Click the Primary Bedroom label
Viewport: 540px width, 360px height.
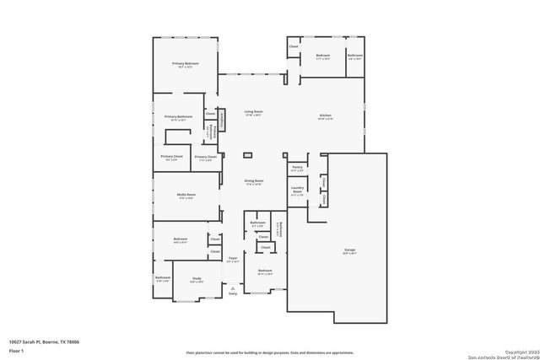click(186, 63)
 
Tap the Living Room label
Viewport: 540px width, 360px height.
click(253, 112)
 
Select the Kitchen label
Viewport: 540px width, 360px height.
click(326, 116)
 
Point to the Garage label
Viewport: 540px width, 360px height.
click(349, 250)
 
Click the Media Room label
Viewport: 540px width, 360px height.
click(186, 195)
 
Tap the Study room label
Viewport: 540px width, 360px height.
click(196, 280)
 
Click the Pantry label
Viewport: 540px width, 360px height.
click(297, 168)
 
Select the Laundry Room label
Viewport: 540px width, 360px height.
click(297, 191)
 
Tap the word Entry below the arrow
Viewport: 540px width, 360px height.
click(234, 294)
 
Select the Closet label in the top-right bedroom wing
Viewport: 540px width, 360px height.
click(294, 46)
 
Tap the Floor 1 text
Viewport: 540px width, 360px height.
click(15, 350)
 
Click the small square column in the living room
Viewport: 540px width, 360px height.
click(248, 155)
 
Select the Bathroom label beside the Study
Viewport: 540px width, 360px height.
click(163, 277)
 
